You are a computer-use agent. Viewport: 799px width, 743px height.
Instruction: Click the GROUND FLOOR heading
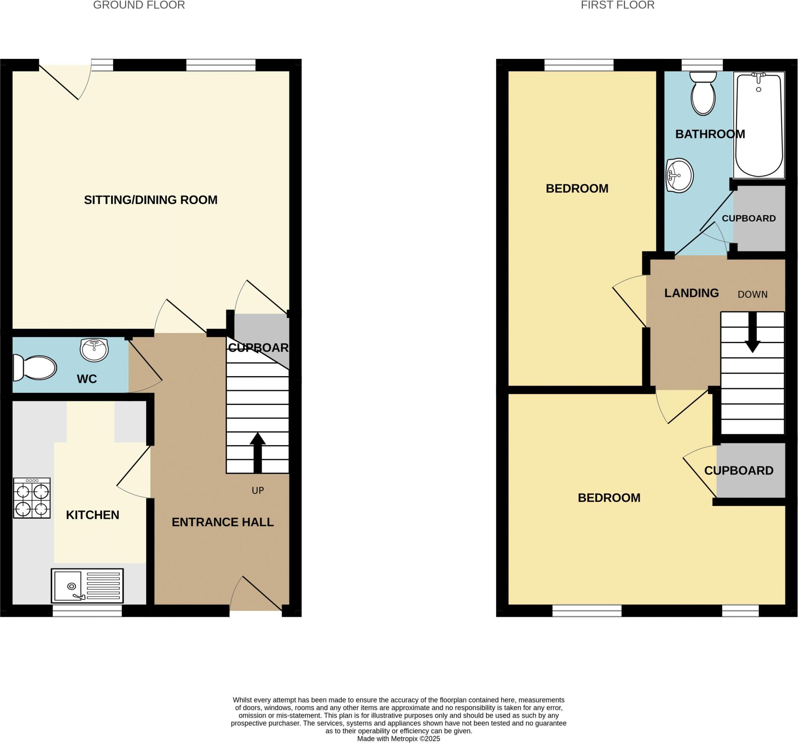coord(139,5)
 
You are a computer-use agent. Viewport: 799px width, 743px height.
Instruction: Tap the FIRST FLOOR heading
coord(617,5)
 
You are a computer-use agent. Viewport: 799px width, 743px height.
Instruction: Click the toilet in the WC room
coord(35,368)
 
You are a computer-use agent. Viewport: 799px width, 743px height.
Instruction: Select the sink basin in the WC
coord(94,349)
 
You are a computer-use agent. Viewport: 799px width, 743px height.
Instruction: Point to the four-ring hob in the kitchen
coord(32,498)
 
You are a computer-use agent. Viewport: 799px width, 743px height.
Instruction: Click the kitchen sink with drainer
coord(87,585)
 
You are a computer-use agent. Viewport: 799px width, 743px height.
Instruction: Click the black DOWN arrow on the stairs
coord(752,332)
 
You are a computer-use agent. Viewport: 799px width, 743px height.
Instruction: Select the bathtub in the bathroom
coord(759,124)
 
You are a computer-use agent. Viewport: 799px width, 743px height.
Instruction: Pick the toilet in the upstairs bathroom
coord(703,94)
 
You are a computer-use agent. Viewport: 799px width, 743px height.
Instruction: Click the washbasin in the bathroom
coord(679,175)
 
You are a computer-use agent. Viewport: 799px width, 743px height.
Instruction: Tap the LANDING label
coord(691,293)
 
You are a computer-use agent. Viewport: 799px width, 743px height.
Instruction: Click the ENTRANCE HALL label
coord(223,522)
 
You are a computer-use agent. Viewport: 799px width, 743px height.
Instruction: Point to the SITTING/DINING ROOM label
coord(151,200)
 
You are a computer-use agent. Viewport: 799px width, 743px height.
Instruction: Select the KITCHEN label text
coord(92,515)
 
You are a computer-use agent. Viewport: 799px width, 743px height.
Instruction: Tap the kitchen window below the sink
coord(87,611)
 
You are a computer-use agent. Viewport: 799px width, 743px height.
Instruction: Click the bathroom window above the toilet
coord(702,65)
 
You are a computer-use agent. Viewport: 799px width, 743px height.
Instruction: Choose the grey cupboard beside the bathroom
coord(759,218)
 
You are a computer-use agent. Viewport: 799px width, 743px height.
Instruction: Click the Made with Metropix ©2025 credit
coord(399,739)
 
